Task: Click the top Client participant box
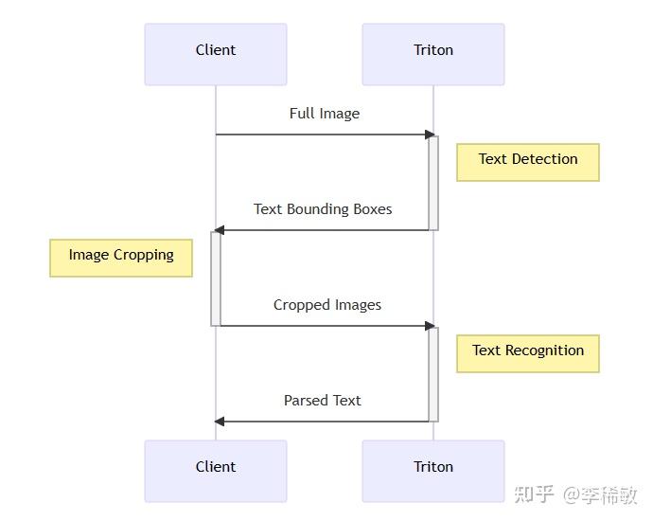pos(216,54)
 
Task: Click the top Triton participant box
pos(433,54)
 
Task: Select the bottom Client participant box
pos(216,470)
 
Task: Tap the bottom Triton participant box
pos(433,470)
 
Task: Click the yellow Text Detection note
pos(528,161)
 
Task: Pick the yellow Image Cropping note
pos(121,257)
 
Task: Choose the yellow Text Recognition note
pos(528,352)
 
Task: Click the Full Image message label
pos(325,114)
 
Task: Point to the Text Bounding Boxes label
pos(323,209)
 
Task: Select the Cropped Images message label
pos(327,305)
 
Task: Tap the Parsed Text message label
pos(323,401)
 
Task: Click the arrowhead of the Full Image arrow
pos(430,135)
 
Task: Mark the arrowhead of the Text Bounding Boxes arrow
pos(220,230)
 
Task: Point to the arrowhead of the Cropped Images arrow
pos(430,326)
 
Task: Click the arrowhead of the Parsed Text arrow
pos(220,422)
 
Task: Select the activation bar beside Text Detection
pos(433,183)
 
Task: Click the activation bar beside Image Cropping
pos(216,278)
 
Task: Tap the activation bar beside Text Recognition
pos(433,374)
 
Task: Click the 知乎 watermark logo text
pos(534,494)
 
